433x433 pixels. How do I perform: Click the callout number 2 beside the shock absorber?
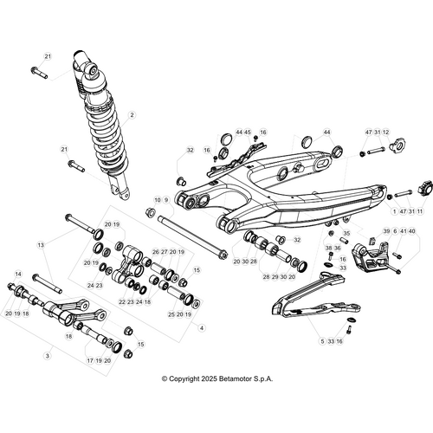(132, 114)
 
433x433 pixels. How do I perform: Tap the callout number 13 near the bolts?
(40, 245)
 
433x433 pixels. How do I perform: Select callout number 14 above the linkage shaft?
(17, 275)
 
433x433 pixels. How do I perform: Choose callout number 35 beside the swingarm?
(346, 233)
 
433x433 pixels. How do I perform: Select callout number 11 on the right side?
(421, 210)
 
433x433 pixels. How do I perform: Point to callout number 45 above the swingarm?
(248, 132)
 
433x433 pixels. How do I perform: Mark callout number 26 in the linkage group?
(155, 251)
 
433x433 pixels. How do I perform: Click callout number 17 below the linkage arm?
(89, 359)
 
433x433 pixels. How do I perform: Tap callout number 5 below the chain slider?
(321, 341)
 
